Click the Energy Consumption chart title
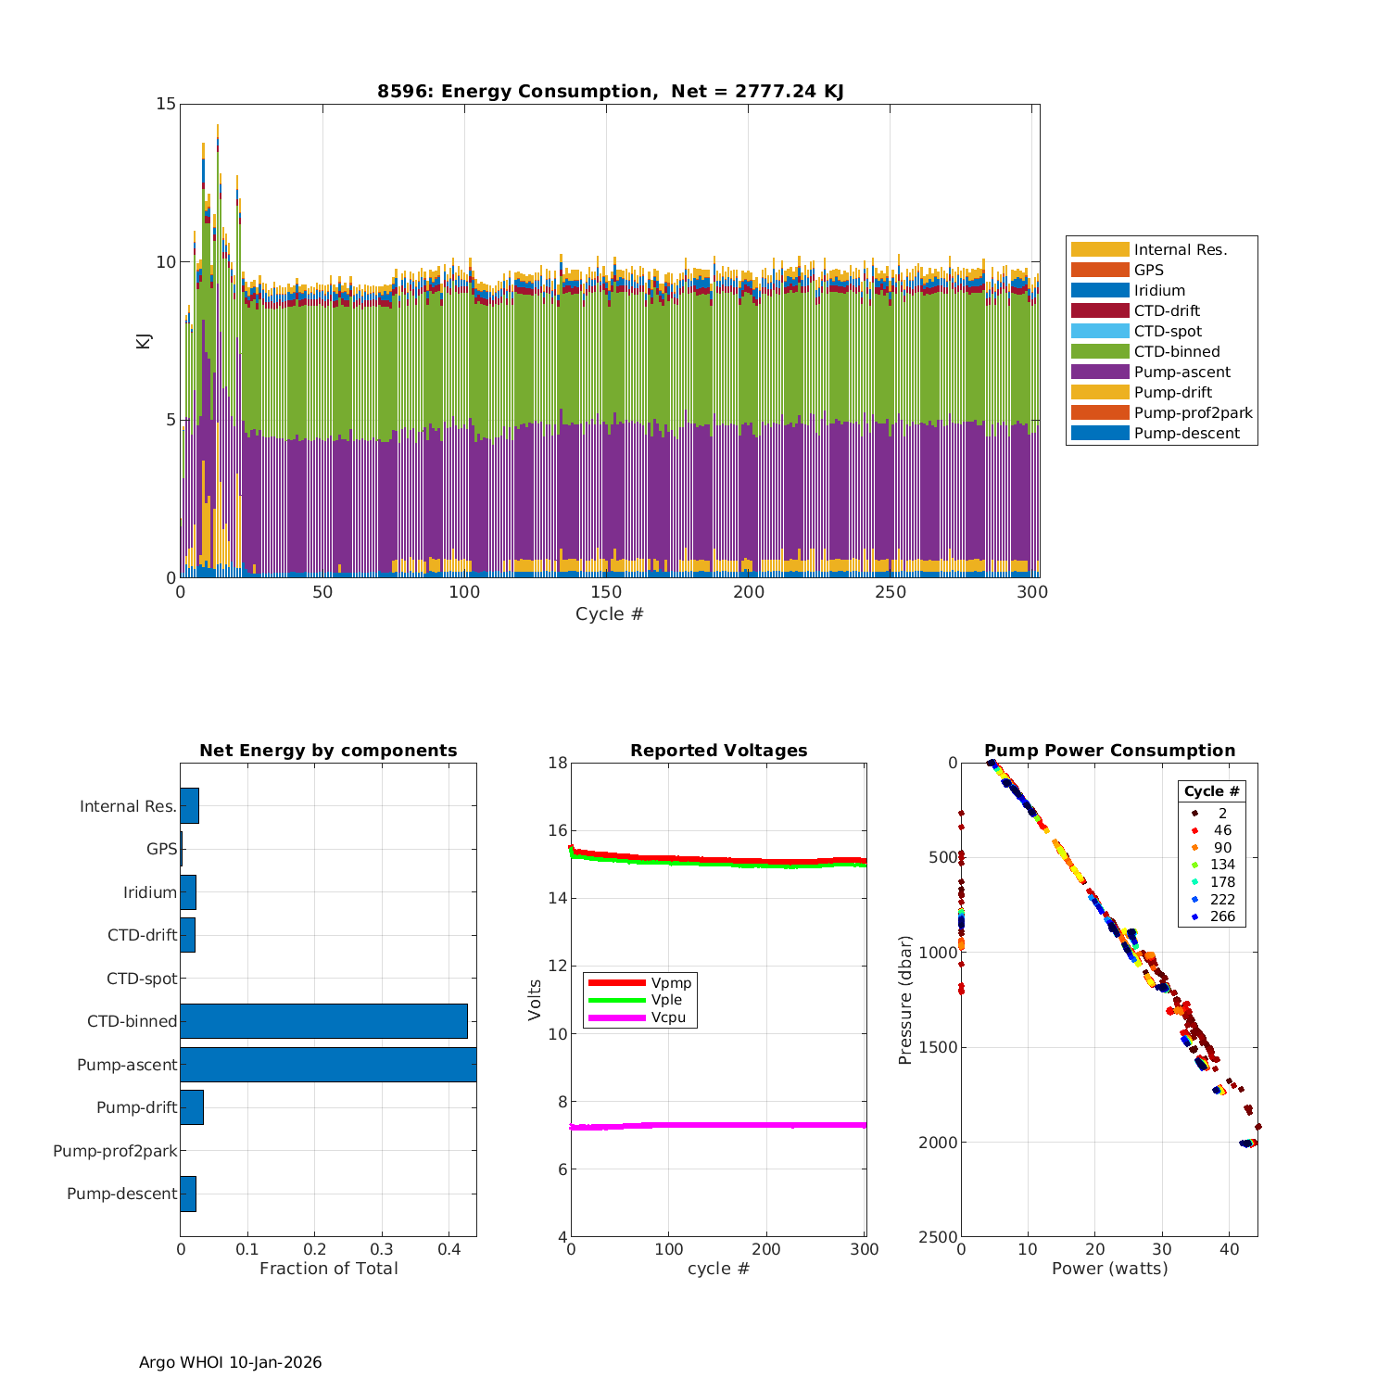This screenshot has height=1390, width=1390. [610, 91]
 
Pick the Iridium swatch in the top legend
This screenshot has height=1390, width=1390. [1100, 291]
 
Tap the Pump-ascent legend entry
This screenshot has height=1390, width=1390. [1181, 373]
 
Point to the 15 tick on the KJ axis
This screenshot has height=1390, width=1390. [166, 104]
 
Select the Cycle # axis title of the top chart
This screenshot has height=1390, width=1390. [609, 614]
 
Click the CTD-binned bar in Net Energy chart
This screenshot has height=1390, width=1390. [323, 1021]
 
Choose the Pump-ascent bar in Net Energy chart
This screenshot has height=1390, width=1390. [328, 1065]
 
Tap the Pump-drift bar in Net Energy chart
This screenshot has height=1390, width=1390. [192, 1107]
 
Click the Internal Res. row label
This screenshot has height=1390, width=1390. [128, 806]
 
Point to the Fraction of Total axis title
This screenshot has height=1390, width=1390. [328, 1269]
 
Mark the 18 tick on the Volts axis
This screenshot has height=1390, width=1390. [558, 763]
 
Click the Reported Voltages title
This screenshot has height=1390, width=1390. [718, 751]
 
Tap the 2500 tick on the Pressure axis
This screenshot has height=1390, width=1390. [939, 1237]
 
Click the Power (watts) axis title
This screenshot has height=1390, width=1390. [1109, 1269]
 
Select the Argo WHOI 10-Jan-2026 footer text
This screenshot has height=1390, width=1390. [230, 1362]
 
